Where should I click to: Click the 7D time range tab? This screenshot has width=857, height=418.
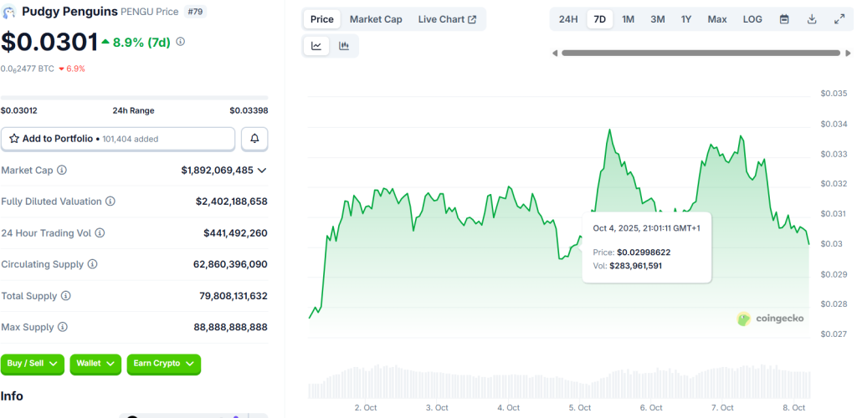[x=599, y=19]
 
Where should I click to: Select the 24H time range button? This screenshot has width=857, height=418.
[x=568, y=19]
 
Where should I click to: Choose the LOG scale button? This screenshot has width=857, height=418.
[x=752, y=19]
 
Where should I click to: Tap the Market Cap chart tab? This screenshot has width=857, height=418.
[x=376, y=19]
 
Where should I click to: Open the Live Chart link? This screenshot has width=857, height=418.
[x=447, y=19]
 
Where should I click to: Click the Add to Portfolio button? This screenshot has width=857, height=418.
[x=118, y=139]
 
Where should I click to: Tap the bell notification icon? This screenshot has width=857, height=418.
[x=254, y=139]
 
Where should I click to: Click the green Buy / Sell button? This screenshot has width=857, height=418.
[x=32, y=364]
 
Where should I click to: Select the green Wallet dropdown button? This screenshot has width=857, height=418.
[x=95, y=364]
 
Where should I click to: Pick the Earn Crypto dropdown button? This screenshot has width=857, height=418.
[x=164, y=364]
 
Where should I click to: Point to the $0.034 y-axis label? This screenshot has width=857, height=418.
[x=834, y=125]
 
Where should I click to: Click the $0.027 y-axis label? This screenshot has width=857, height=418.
[x=834, y=334]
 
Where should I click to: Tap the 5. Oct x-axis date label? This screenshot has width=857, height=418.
[x=579, y=408]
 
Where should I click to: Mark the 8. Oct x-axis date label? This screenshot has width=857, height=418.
[x=793, y=408]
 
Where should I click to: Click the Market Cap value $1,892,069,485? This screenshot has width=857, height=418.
[x=217, y=171]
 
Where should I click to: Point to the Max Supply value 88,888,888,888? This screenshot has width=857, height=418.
[x=230, y=328]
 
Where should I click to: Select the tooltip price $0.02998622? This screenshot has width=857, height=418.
[x=644, y=252]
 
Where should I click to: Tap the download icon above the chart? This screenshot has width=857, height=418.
[x=812, y=19]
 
